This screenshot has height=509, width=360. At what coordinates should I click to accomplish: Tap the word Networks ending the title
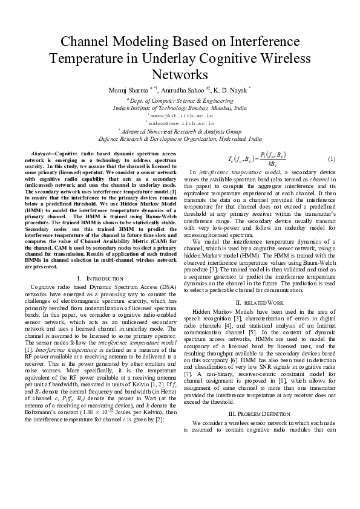180,75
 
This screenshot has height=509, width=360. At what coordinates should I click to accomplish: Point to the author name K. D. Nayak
231,90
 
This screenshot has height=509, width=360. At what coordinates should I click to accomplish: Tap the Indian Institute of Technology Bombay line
180,106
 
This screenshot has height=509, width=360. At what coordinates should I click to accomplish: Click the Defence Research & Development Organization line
180,138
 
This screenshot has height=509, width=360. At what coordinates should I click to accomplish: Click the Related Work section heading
260,302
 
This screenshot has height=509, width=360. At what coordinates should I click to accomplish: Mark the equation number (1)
331,159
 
